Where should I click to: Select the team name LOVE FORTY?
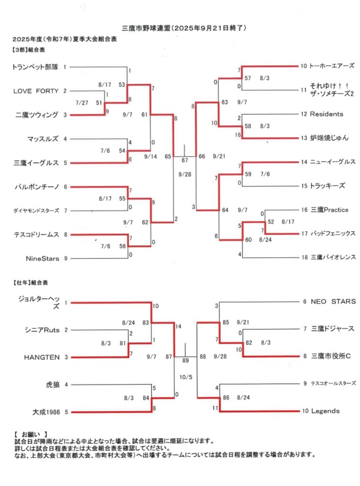(36, 91)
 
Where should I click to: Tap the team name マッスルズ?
(43, 139)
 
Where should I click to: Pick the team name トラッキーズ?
(328, 186)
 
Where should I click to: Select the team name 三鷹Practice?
(330, 210)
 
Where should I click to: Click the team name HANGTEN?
(41, 357)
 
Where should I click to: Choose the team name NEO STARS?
(333, 301)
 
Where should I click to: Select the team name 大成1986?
(46, 412)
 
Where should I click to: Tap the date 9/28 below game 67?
(185, 175)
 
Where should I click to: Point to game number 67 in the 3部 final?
(185, 160)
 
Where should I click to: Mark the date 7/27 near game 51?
(82, 103)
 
